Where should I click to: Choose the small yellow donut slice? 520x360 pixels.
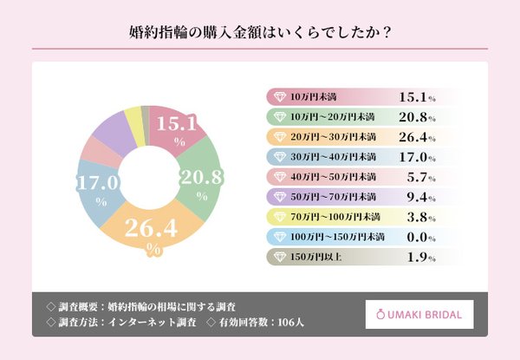tap(133, 117)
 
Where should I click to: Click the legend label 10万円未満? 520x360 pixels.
tap(315, 97)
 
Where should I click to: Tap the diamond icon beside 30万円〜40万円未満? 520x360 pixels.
tap(278, 157)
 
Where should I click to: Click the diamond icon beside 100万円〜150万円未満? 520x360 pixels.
tap(278, 237)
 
